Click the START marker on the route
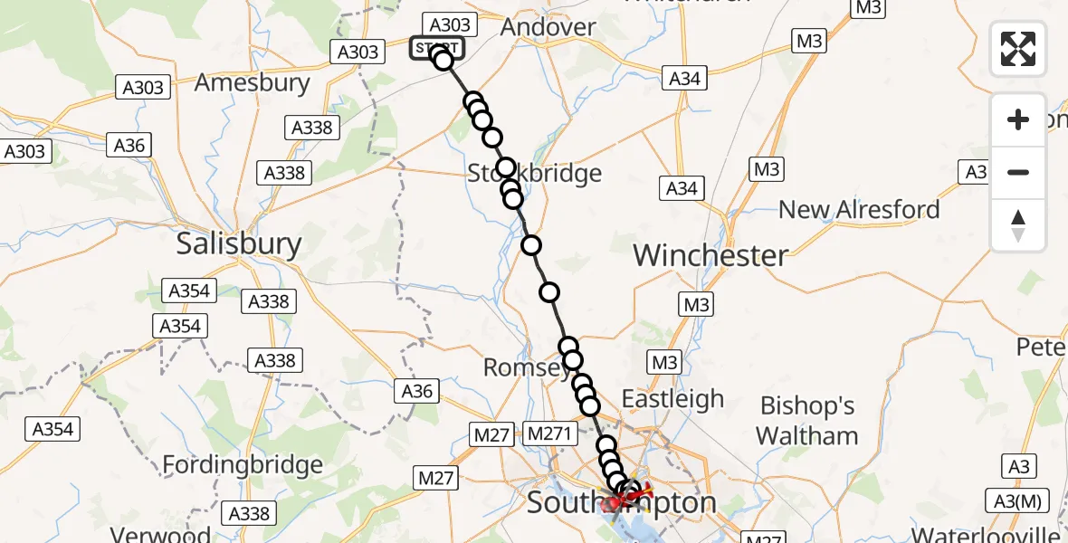[438, 48]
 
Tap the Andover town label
[548, 27]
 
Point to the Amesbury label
[253, 82]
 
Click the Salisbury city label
[238, 243]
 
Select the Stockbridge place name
[535, 173]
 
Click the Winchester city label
[710, 255]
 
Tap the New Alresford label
[859, 210]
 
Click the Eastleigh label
[672, 399]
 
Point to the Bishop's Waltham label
[807, 420]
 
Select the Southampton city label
[622, 502]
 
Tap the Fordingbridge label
[243, 465]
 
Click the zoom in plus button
[1018, 119]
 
